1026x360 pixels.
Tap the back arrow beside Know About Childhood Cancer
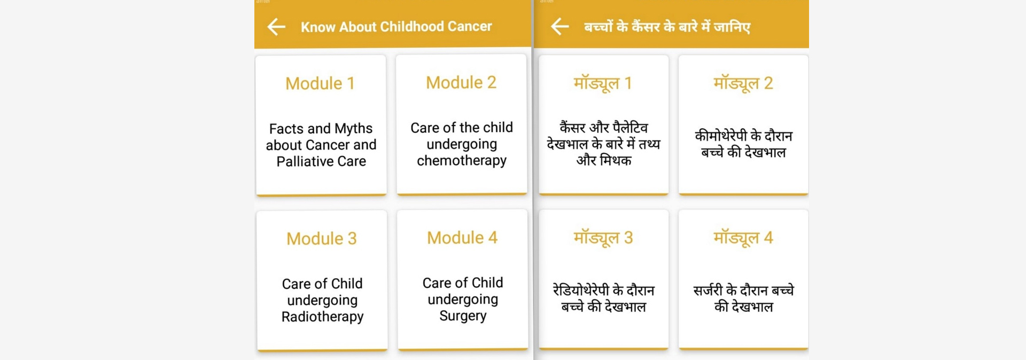276,27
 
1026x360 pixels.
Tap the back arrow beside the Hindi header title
559,26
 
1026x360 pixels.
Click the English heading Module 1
320,83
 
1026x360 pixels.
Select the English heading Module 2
461,82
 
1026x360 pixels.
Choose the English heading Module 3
322,238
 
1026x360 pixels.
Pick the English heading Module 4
462,238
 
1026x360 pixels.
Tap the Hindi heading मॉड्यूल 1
603,84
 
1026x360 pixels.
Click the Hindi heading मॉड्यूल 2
743,84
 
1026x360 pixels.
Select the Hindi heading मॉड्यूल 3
603,238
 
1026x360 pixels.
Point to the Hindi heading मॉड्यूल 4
743,238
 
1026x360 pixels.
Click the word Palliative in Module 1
305,161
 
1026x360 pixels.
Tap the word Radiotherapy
323,317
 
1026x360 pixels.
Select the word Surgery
463,316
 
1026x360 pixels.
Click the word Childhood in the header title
411,27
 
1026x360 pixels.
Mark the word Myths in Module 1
353,129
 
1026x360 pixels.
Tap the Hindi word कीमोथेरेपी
721,136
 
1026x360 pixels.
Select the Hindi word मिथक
616,160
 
